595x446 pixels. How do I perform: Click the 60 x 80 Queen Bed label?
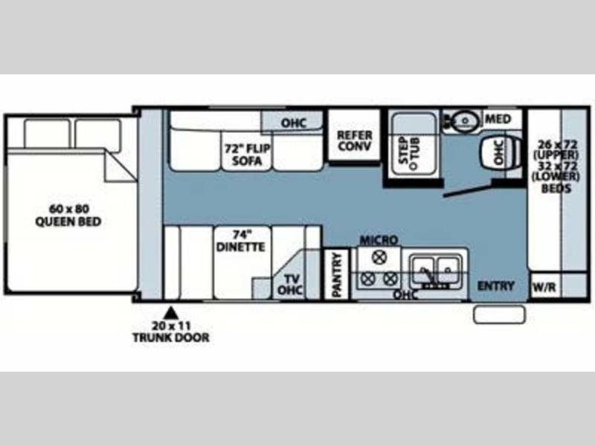click(68, 215)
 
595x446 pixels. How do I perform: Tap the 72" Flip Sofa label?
click(248, 155)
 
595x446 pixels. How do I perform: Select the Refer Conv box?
click(354, 136)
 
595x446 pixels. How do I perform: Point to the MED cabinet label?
click(498, 119)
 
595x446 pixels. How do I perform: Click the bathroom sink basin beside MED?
click(466, 120)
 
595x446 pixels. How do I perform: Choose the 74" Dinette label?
click(240, 241)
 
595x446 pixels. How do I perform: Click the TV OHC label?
click(290, 285)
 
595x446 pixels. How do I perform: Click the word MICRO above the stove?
click(379, 240)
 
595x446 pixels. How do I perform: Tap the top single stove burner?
click(379, 257)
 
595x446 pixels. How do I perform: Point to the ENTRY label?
click(495, 285)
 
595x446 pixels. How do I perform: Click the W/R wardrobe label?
click(544, 287)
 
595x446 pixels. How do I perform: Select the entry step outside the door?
click(499, 314)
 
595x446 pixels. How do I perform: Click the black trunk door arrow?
click(171, 312)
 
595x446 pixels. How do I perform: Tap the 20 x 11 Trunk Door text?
click(171, 332)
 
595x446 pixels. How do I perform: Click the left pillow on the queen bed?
click(47, 134)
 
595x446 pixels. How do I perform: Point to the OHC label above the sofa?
click(293, 123)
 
